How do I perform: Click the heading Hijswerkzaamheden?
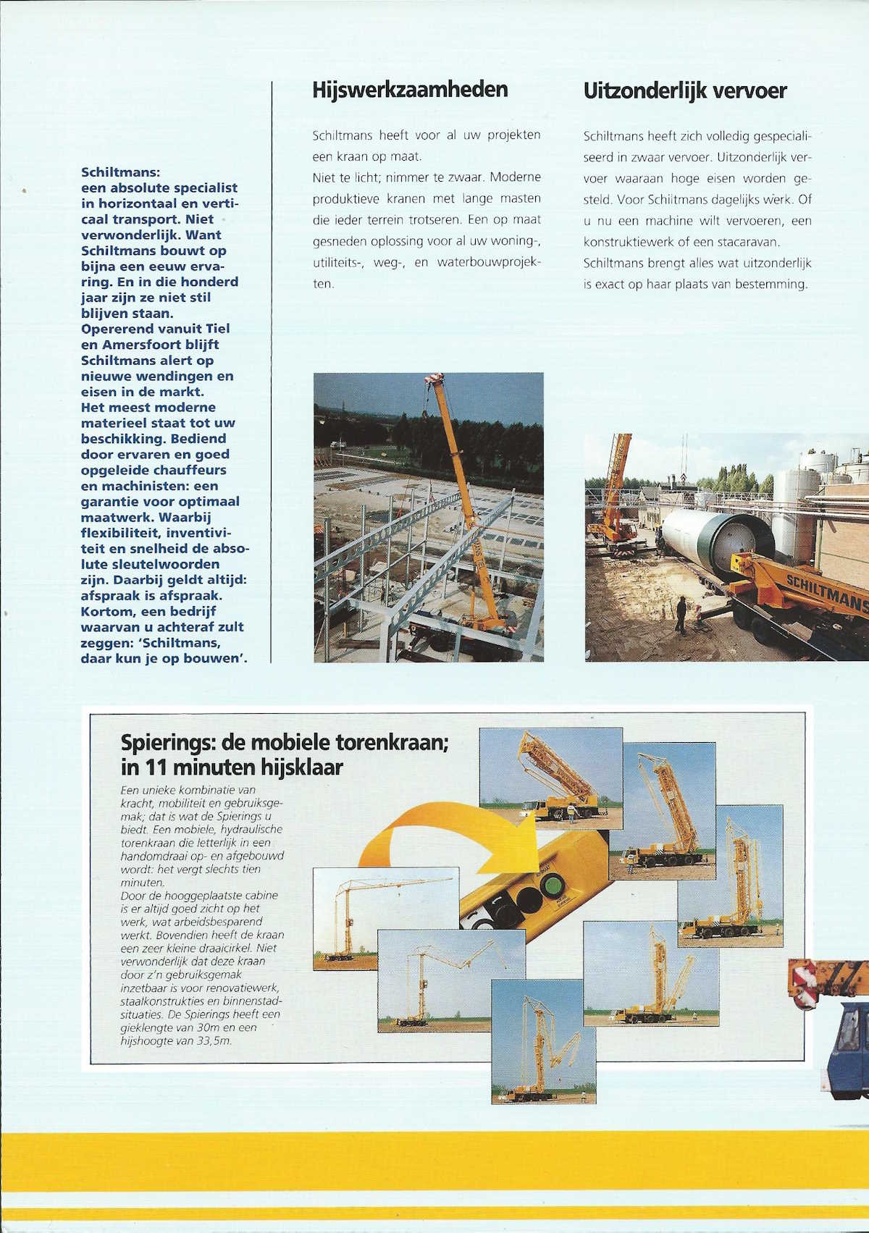(x=410, y=90)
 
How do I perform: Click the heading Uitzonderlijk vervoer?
(x=684, y=91)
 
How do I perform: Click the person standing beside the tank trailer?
(x=681, y=615)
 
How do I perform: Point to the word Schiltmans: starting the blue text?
(x=121, y=172)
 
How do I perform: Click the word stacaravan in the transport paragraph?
(x=757, y=241)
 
